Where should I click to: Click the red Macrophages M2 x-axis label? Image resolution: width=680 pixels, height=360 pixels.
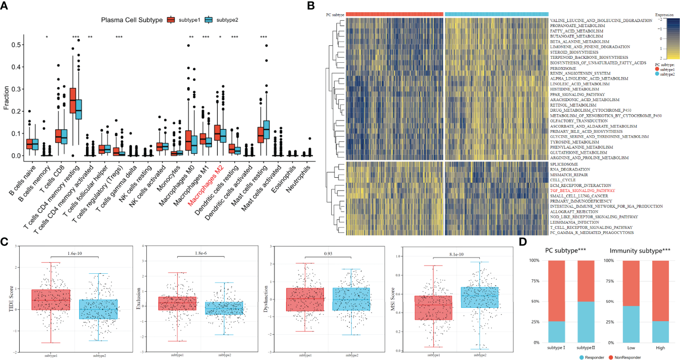[206, 185]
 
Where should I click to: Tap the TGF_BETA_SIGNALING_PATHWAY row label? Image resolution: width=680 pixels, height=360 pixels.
[582, 191]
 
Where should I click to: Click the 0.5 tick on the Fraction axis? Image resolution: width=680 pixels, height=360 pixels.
[16, 45]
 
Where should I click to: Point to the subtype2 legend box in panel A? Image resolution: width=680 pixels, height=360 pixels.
[209, 20]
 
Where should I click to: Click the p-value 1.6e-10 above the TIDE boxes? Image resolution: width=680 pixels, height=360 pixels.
[75, 253]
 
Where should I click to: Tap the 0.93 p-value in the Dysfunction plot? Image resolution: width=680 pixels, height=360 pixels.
[328, 254]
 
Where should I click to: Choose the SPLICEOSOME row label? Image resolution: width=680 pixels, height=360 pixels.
[564, 164]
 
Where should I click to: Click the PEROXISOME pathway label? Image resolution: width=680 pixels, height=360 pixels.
[563, 68]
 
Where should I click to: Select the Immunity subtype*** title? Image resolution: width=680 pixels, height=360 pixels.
[640, 251]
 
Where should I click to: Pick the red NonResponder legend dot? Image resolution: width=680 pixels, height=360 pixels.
[611, 357]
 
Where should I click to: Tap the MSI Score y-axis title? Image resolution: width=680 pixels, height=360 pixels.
[393, 299]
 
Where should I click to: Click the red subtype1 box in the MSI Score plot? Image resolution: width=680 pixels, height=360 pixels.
[433, 308]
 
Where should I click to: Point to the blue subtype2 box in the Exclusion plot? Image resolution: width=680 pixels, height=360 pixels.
[224, 308]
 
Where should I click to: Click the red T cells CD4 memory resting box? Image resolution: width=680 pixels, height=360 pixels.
[73, 101]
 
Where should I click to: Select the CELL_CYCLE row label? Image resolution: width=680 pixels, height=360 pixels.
[563, 180]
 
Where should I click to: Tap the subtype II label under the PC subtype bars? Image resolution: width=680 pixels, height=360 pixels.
[585, 348]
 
